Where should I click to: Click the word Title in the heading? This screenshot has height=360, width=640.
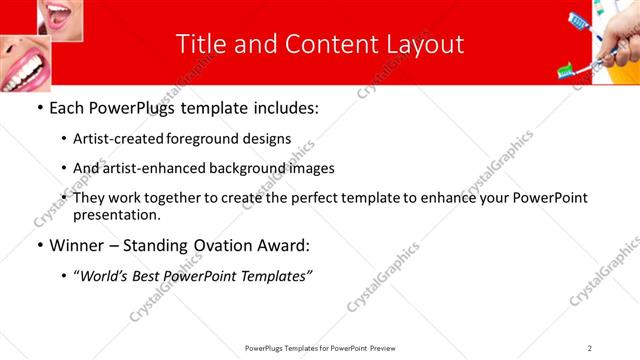click(x=200, y=44)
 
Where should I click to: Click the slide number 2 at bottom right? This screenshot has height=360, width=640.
click(x=590, y=348)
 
